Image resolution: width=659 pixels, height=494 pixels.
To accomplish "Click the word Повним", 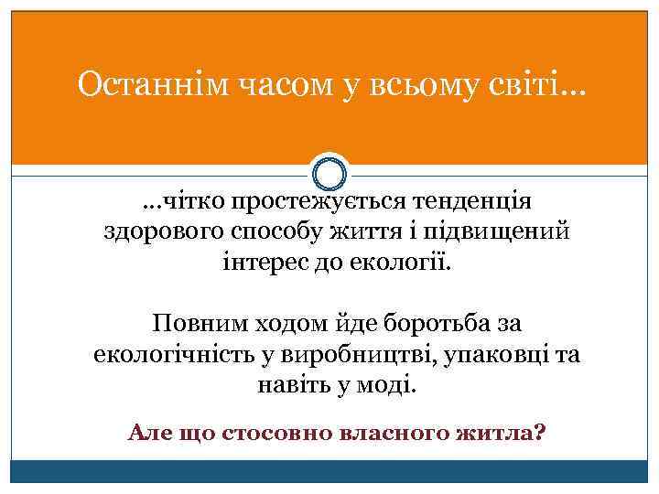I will [x=202, y=323].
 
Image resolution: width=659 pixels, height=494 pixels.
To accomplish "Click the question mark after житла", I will [x=537, y=431].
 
